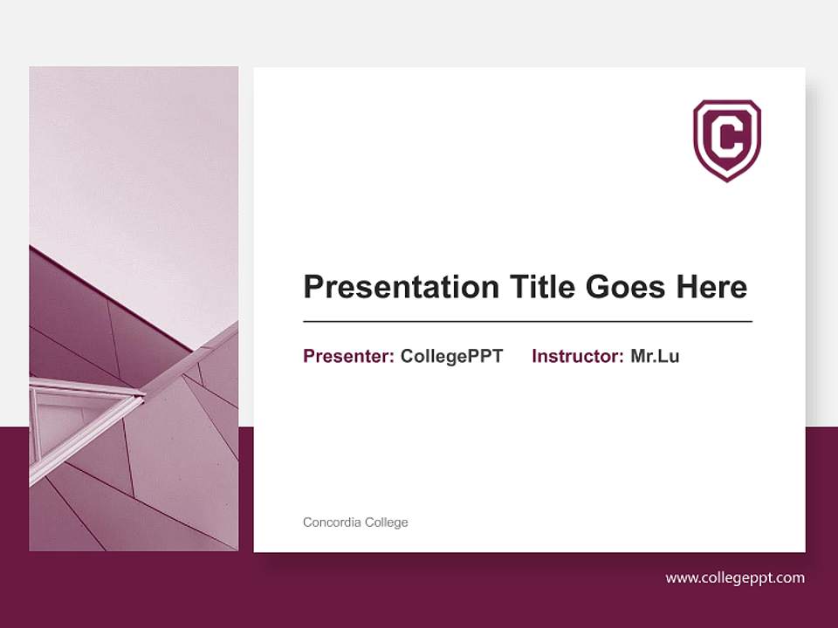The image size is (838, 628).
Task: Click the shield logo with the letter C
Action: click(727, 140)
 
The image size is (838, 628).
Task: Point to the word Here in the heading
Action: click(711, 287)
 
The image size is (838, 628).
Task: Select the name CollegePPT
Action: click(451, 356)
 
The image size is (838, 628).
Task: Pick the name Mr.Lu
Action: click(655, 356)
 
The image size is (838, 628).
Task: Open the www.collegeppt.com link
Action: click(735, 577)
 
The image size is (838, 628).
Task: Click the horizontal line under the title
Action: click(527, 322)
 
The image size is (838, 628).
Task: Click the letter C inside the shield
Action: click(727, 137)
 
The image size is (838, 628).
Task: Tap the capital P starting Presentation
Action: click(313, 287)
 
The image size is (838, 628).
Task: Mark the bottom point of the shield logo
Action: click(727, 181)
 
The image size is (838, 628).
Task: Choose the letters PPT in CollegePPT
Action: click(485, 356)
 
